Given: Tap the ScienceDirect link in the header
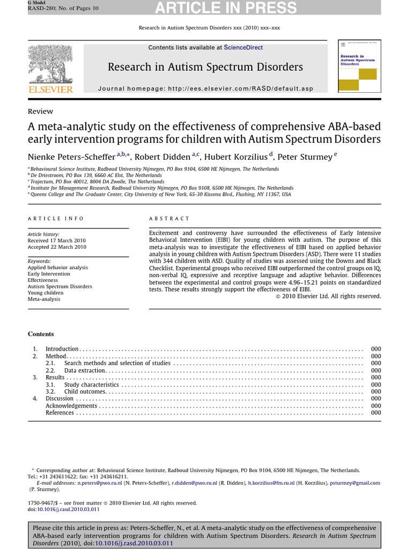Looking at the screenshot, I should tap(243, 48).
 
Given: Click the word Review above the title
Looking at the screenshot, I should tap(40, 112).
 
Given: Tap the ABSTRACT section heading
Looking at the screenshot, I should tap(169, 219).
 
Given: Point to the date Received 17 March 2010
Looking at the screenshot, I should tap(56, 241).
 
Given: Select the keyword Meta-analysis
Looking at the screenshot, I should tap(44, 299).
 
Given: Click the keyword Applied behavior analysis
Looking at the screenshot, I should tap(57, 267).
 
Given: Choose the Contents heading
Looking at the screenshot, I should tap(41, 334).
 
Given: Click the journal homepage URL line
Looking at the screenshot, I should tap(205, 89).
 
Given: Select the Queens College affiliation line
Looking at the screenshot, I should tap(161, 195).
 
